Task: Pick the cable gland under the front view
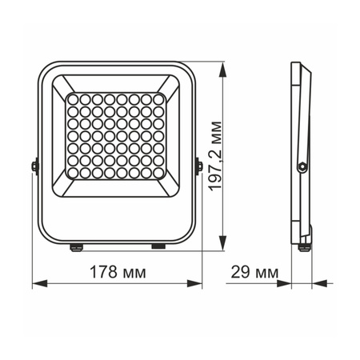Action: [x=78, y=246]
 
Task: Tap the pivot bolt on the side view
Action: [x=302, y=166]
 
